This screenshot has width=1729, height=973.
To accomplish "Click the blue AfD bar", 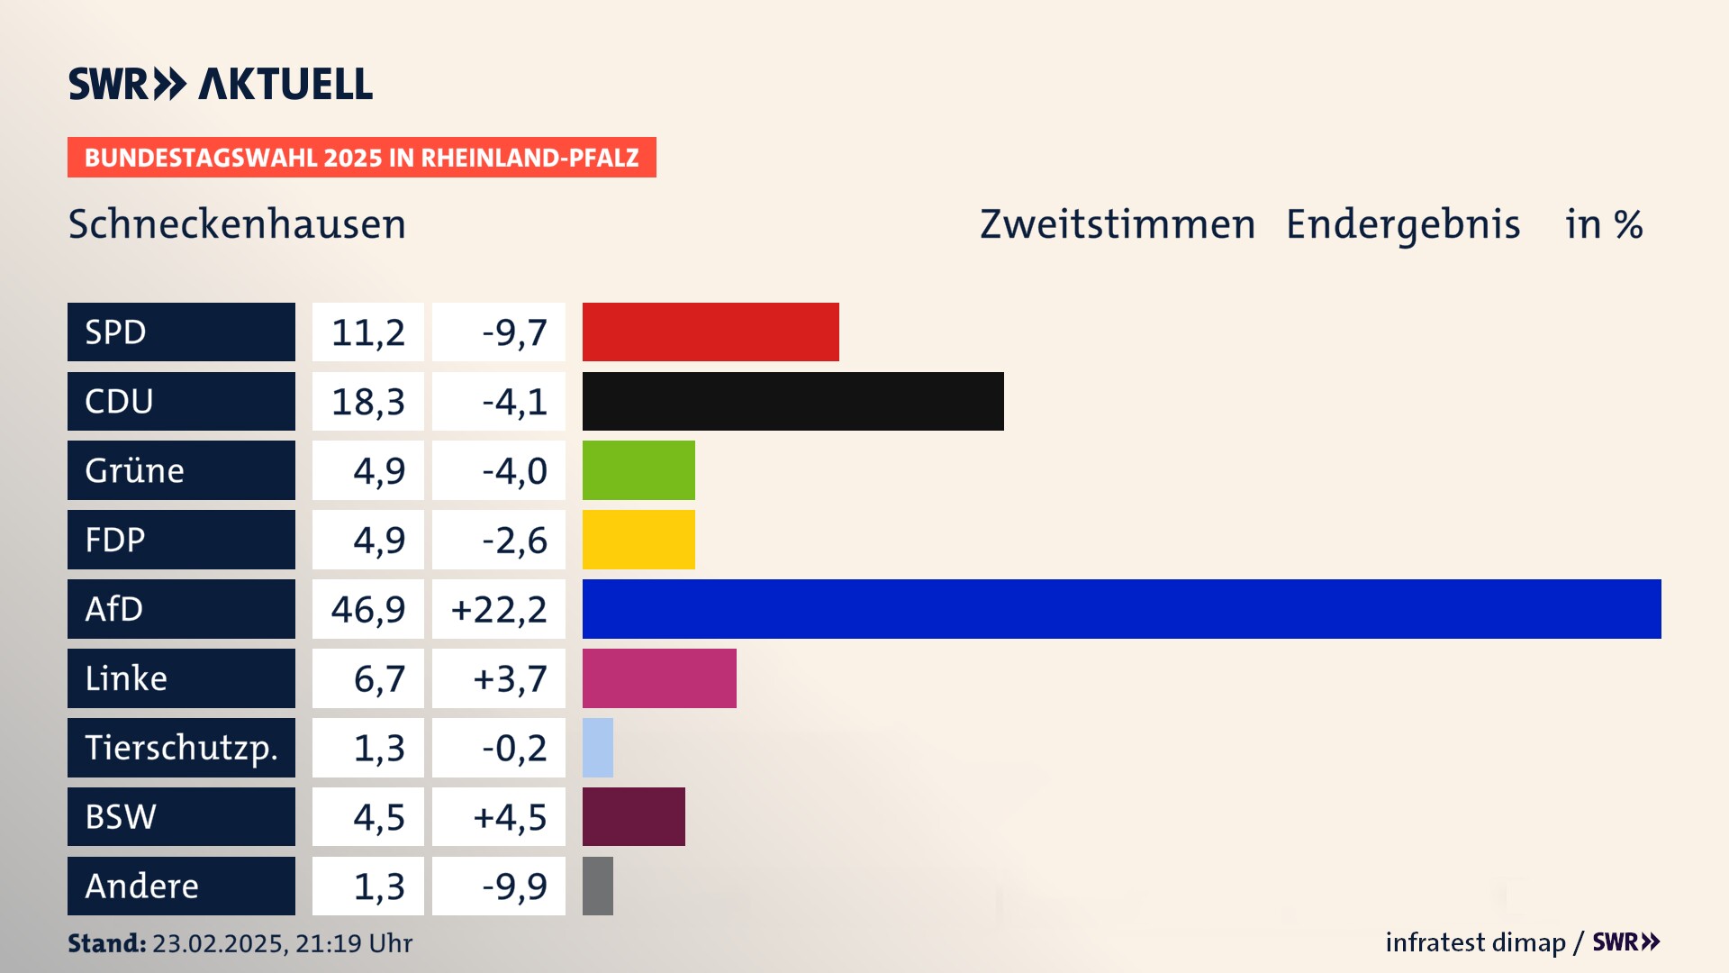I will click(1121, 609).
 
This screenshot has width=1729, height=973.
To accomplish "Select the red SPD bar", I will click(711, 332).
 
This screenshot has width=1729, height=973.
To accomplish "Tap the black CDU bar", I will click(792, 401).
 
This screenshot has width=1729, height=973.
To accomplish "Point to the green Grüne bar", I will click(638, 470).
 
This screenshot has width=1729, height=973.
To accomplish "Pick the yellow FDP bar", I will click(638, 540).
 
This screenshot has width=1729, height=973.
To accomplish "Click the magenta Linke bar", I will click(659, 678).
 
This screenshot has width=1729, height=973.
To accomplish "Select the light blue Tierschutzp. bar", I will click(598, 748).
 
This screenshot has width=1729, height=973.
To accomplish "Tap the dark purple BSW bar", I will click(633, 816).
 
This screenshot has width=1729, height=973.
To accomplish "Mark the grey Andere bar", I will click(598, 886).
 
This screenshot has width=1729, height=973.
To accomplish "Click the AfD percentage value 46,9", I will click(368, 609).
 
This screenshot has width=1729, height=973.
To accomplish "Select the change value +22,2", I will click(499, 609).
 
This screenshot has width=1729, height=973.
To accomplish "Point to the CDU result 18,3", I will click(368, 401).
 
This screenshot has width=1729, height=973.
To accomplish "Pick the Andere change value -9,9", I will click(514, 886).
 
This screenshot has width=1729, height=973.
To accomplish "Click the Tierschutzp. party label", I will click(181, 748).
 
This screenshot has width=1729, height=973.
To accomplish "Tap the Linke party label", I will click(181, 678).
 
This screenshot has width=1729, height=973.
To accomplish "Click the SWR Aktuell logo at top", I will click(221, 84).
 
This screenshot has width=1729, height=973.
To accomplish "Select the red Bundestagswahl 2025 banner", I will click(361, 158).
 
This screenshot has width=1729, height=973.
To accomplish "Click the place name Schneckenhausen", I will click(237, 224).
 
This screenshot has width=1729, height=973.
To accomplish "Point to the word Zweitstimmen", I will click(1118, 224).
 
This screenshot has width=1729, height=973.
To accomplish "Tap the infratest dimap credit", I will click(1475, 942).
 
